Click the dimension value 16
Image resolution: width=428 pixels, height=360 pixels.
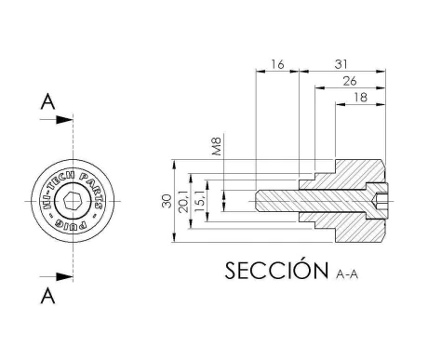coord(277,64)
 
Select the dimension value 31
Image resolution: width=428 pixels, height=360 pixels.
coord(341,64)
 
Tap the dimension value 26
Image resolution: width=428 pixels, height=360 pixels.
coord(350,81)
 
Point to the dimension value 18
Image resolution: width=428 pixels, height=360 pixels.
coord(360,98)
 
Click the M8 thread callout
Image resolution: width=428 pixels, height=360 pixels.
coord(217,146)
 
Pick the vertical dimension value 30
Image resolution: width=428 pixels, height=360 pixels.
coord(167,201)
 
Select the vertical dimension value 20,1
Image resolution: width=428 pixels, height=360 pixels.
coord(183,201)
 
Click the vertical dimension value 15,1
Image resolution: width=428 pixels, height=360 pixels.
coord(200,201)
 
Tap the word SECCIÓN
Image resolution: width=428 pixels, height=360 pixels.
coord(276,270)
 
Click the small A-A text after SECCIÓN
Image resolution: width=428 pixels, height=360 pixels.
coord(347,274)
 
